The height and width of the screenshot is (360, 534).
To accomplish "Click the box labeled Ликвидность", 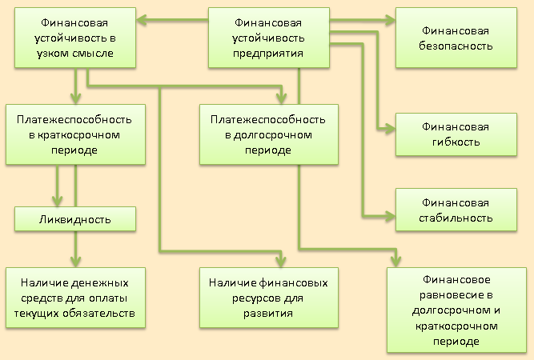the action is [75, 219].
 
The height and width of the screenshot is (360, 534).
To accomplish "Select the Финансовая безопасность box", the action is [456, 38].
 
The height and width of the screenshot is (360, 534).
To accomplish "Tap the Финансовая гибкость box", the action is [456, 134].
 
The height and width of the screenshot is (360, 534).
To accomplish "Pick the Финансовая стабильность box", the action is [456, 210].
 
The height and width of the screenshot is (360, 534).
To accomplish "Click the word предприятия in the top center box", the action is [268, 54].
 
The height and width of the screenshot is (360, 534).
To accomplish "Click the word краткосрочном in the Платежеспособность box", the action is [78, 135].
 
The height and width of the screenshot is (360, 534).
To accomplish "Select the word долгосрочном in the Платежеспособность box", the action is [271, 135].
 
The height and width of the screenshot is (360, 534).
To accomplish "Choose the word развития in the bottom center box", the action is [268, 314].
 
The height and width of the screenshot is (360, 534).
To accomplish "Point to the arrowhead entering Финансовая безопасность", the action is [390, 20].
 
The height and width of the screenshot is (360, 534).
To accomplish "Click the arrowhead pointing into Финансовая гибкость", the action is [390, 129].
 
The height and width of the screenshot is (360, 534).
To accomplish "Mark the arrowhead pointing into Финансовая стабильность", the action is [390, 216].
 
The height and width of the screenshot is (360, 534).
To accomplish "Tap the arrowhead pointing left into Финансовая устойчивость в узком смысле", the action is [142, 20].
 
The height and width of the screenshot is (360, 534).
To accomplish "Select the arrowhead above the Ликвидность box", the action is [57, 202].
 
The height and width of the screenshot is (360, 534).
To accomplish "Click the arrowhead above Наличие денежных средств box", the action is [75, 262].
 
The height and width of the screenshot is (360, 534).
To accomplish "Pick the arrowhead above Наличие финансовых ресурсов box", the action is [281, 262].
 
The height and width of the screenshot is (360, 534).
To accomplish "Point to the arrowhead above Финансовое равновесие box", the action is [395, 262].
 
